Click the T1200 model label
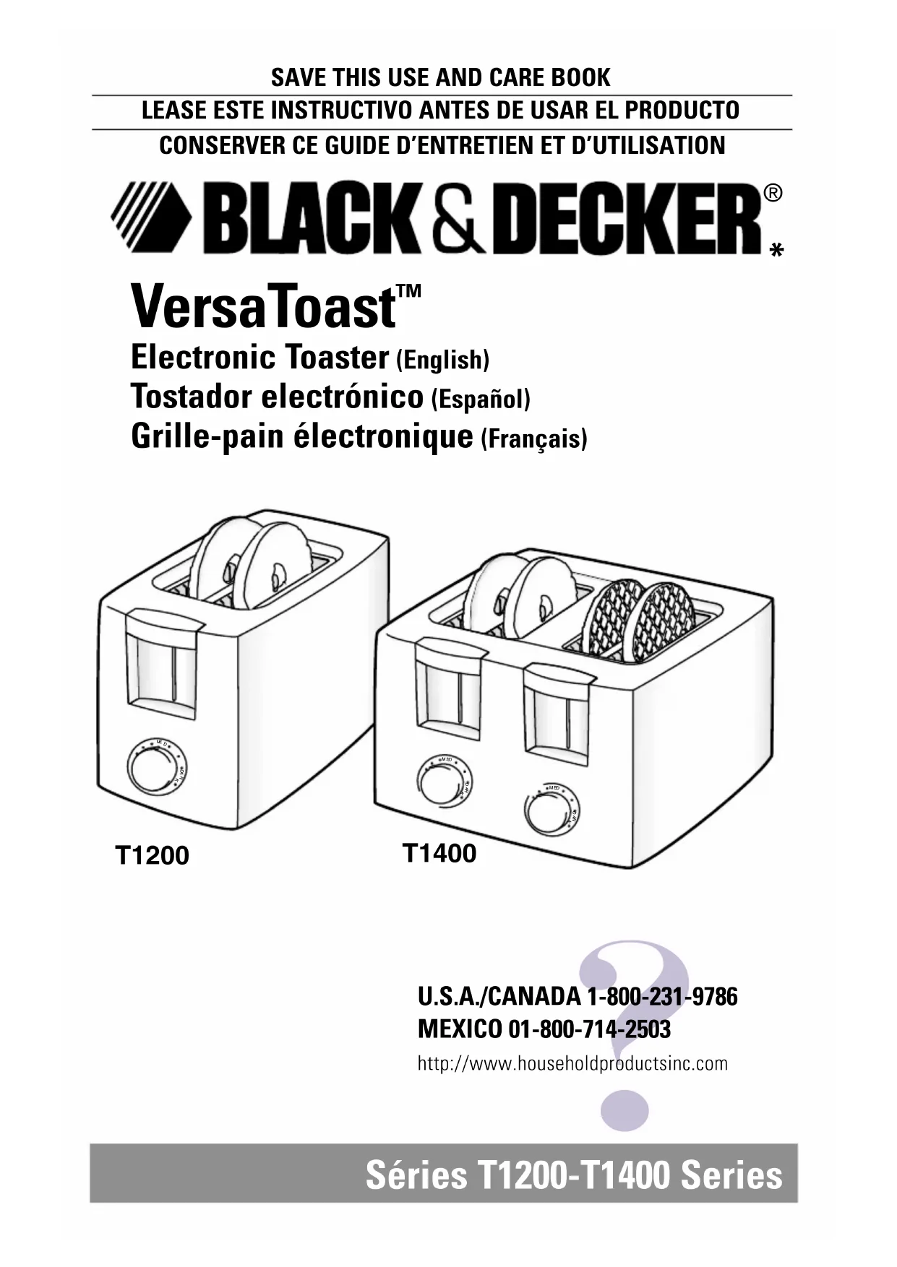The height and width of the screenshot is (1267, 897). [x=153, y=856]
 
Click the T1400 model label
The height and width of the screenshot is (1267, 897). [x=439, y=854]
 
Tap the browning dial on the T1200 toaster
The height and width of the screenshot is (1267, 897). [x=155, y=771]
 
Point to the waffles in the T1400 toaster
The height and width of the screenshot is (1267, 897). [x=640, y=618]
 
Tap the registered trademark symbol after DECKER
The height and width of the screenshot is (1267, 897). [x=772, y=194]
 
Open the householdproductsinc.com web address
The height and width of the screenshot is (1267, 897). [x=572, y=1063]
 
